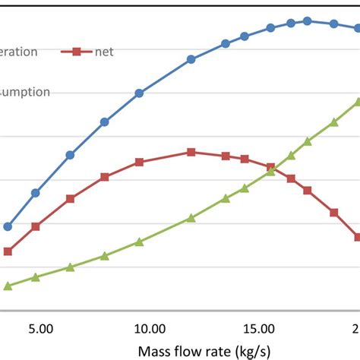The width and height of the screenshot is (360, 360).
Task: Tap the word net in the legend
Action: (x=103, y=52)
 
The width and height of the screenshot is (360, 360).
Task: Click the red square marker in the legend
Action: (x=76, y=52)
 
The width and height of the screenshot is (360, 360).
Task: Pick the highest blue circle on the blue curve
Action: (x=307, y=21)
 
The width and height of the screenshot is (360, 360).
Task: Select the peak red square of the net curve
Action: (x=191, y=152)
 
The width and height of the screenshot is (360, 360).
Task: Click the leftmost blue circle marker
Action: (x=8, y=226)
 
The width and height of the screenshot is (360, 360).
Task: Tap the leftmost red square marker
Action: (x=8, y=251)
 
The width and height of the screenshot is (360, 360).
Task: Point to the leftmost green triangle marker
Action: (x=8, y=286)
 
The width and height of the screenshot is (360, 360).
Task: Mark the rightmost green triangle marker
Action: (x=357, y=101)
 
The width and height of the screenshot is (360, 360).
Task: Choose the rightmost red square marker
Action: (x=357, y=237)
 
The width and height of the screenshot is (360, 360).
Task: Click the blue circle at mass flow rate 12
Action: (x=191, y=59)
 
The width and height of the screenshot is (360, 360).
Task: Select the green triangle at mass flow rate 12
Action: (x=191, y=218)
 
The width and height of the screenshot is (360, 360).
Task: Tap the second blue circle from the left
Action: (x=35, y=193)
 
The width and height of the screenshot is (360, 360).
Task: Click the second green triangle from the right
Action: (x=333, y=122)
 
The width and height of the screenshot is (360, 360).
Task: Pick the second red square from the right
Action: (x=333, y=213)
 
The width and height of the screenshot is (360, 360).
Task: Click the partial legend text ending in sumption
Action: (x=24, y=92)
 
